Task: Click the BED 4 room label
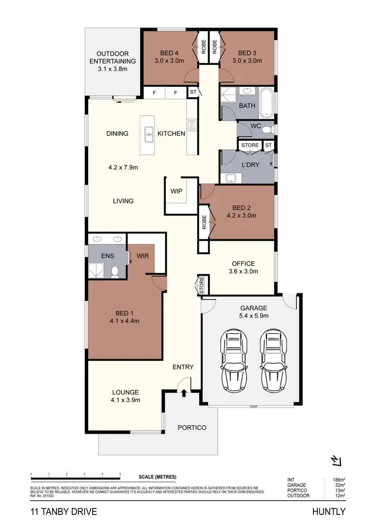click(x=169, y=53)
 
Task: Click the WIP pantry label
click(x=176, y=192)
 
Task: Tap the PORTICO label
click(x=192, y=428)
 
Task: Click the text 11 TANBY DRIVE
click(x=63, y=512)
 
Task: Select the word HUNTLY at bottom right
click(x=329, y=512)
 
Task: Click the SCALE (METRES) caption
click(x=157, y=477)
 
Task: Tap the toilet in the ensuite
click(x=115, y=271)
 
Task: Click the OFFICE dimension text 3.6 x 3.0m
click(x=243, y=272)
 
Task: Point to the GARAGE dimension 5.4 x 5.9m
click(x=253, y=316)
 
